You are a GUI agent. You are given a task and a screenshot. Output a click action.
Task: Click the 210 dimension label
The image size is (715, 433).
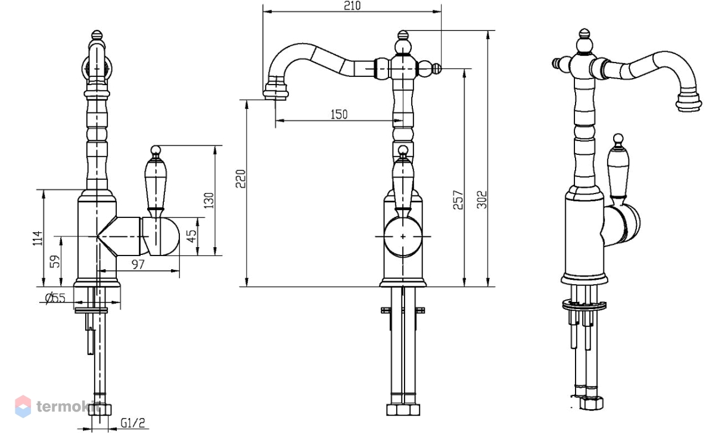[x=352, y=6]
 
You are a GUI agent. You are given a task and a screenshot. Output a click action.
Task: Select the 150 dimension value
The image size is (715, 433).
[x=339, y=114]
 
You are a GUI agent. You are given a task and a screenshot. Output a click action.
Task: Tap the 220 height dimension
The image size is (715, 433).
[x=241, y=179]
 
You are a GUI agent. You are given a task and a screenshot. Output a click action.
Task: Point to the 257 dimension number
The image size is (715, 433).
[x=458, y=200]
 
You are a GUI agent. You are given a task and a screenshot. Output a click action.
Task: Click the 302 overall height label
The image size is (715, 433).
[x=481, y=200]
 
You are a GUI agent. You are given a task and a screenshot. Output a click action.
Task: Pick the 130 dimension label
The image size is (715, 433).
[x=209, y=200]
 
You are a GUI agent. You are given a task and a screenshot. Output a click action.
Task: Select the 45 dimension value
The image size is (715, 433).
[x=191, y=236]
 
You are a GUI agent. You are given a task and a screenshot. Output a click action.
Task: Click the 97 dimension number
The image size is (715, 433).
[x=138, y=264]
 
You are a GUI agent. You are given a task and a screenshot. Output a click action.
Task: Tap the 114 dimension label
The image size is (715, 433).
[x=38, y=238]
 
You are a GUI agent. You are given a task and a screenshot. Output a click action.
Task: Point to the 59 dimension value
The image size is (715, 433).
[x=55, y=261]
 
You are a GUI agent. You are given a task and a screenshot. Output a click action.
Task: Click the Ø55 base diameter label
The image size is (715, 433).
[x=55, y=298]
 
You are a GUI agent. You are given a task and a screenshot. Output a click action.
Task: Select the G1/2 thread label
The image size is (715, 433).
[x=133, y=423]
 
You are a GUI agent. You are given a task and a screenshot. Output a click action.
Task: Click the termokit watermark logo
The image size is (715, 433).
[x=23, y=407]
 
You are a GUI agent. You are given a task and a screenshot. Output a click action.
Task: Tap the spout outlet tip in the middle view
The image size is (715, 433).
[x=276, y=95]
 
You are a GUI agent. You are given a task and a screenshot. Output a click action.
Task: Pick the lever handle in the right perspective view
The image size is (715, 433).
[x=618, y=169]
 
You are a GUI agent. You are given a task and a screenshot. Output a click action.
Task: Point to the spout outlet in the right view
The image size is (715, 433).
[x=689, y=102]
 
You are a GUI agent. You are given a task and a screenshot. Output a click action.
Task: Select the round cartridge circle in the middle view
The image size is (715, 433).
[x=403, y=236]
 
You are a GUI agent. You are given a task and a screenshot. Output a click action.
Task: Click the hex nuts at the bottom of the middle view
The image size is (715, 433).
[x=403, y=410]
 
